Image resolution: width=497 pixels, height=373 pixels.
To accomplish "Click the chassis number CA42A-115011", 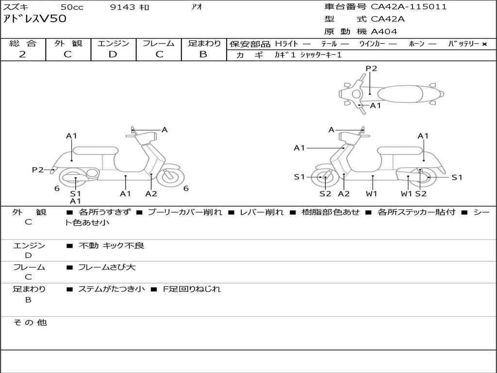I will click(x=409, y=7).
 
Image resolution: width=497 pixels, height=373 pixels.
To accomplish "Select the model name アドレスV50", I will click(x=35, y=19).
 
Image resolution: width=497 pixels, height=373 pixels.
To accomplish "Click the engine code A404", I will click(x=384, y=32).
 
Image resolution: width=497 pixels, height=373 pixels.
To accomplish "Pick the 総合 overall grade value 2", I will click(x=23, y=54).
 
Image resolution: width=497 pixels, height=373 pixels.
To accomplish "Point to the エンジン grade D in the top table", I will click(x=113, y=54).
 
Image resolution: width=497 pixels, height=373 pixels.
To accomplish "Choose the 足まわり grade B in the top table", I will click(x=203, y=54).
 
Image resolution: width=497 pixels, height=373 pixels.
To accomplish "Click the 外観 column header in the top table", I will click(x=68, y=43).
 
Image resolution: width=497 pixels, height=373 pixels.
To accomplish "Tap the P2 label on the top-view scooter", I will click(x=371, y=68).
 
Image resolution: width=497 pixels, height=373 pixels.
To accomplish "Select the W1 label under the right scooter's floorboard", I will click(x=372, y=193).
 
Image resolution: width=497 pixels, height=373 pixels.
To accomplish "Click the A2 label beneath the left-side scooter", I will click(x=151, y=193).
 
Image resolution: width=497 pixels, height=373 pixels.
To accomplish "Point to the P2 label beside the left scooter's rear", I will click(x=38, y=170).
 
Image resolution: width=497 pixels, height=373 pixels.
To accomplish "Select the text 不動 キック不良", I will click(x=112, y=246).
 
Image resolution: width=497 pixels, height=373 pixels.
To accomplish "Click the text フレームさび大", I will click(x=107, y=267).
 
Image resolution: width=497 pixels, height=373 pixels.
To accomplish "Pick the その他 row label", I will click(x=30, y=322).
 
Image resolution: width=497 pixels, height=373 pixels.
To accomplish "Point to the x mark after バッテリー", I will click(x=484, y=44).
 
